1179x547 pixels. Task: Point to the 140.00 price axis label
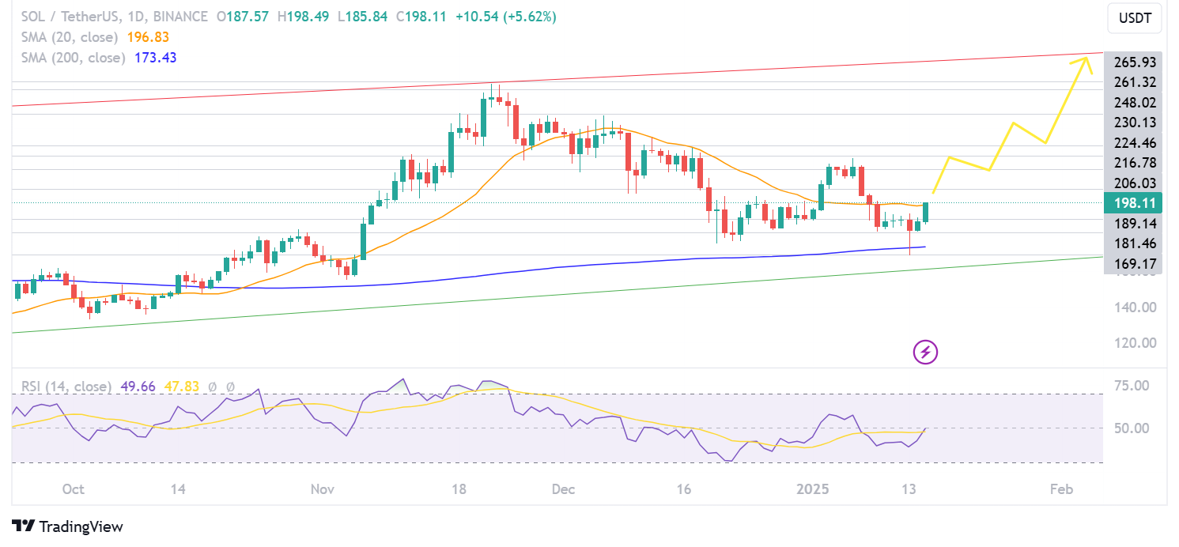pyautogui.click(x=1136, y=307)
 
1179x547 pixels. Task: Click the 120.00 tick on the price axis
pyautogui.click(x=1136, y=343)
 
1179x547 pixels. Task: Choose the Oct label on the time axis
pyautogui.click(x=73, y=490)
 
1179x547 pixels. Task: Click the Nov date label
pyautogui.click(x=323, y=490)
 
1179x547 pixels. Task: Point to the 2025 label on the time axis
pyautogui.click(x=814, y=490)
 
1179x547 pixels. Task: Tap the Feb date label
pyautogui.click(x=1061, y=490)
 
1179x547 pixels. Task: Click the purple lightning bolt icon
pyautogui.click(x=925, y=352)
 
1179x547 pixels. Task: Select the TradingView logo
pyautogui.click(x=68, y=526)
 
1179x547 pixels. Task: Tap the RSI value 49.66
pyautogui.click(x=135, y=387)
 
